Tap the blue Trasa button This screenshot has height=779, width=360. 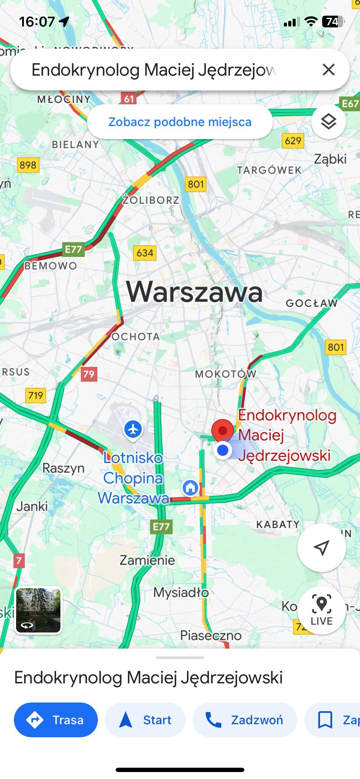(56, 720)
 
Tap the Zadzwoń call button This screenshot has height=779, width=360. (245, 720)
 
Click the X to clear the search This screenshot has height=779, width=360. (329, 70)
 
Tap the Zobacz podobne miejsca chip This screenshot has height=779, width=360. (180, 122)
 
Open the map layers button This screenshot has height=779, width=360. (329, 122)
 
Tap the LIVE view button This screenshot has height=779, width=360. (321, 610)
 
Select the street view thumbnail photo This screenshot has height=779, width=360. (39, 610)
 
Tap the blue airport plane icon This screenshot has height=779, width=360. (133, 429)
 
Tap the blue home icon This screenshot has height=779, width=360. (190, 487)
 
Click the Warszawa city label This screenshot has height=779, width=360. (194, 292)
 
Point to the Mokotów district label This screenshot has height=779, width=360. (225, 374)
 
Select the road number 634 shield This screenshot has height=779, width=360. (145, 253)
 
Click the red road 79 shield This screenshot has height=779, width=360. (89, 374)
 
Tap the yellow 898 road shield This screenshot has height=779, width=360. (28, 165)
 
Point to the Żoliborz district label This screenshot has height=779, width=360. (151, 200)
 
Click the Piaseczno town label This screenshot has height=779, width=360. (211, 636)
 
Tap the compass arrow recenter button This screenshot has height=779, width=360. (321, 548)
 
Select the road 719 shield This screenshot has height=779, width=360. (36, 395)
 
